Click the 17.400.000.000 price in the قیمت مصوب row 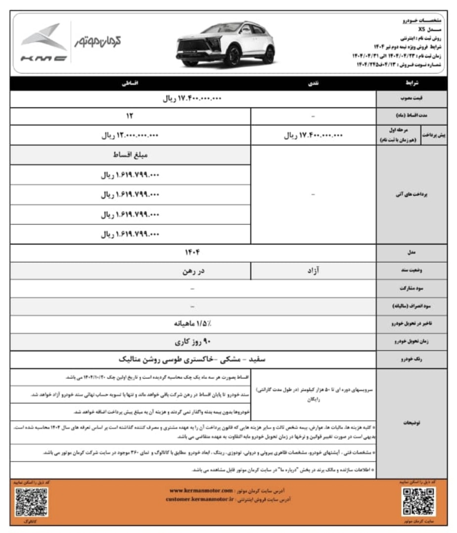pyautogui.click(x=192, y=99)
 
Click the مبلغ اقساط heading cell pyautogui.click(x=130, y=155)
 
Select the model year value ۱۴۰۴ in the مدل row pyautogui.click(x=192, y=252)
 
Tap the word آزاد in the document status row pyautogui.click(x=314, y=270)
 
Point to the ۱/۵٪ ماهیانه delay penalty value pyautogui.click(x=192, y=324)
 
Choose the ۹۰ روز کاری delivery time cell pyautogui.click(x=192, y=342)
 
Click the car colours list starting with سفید pyautogui.click(x=192, y=359)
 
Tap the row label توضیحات pyautogui.click(x=411, y=423)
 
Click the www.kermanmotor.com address pyautogui.click(x=200, y=490)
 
